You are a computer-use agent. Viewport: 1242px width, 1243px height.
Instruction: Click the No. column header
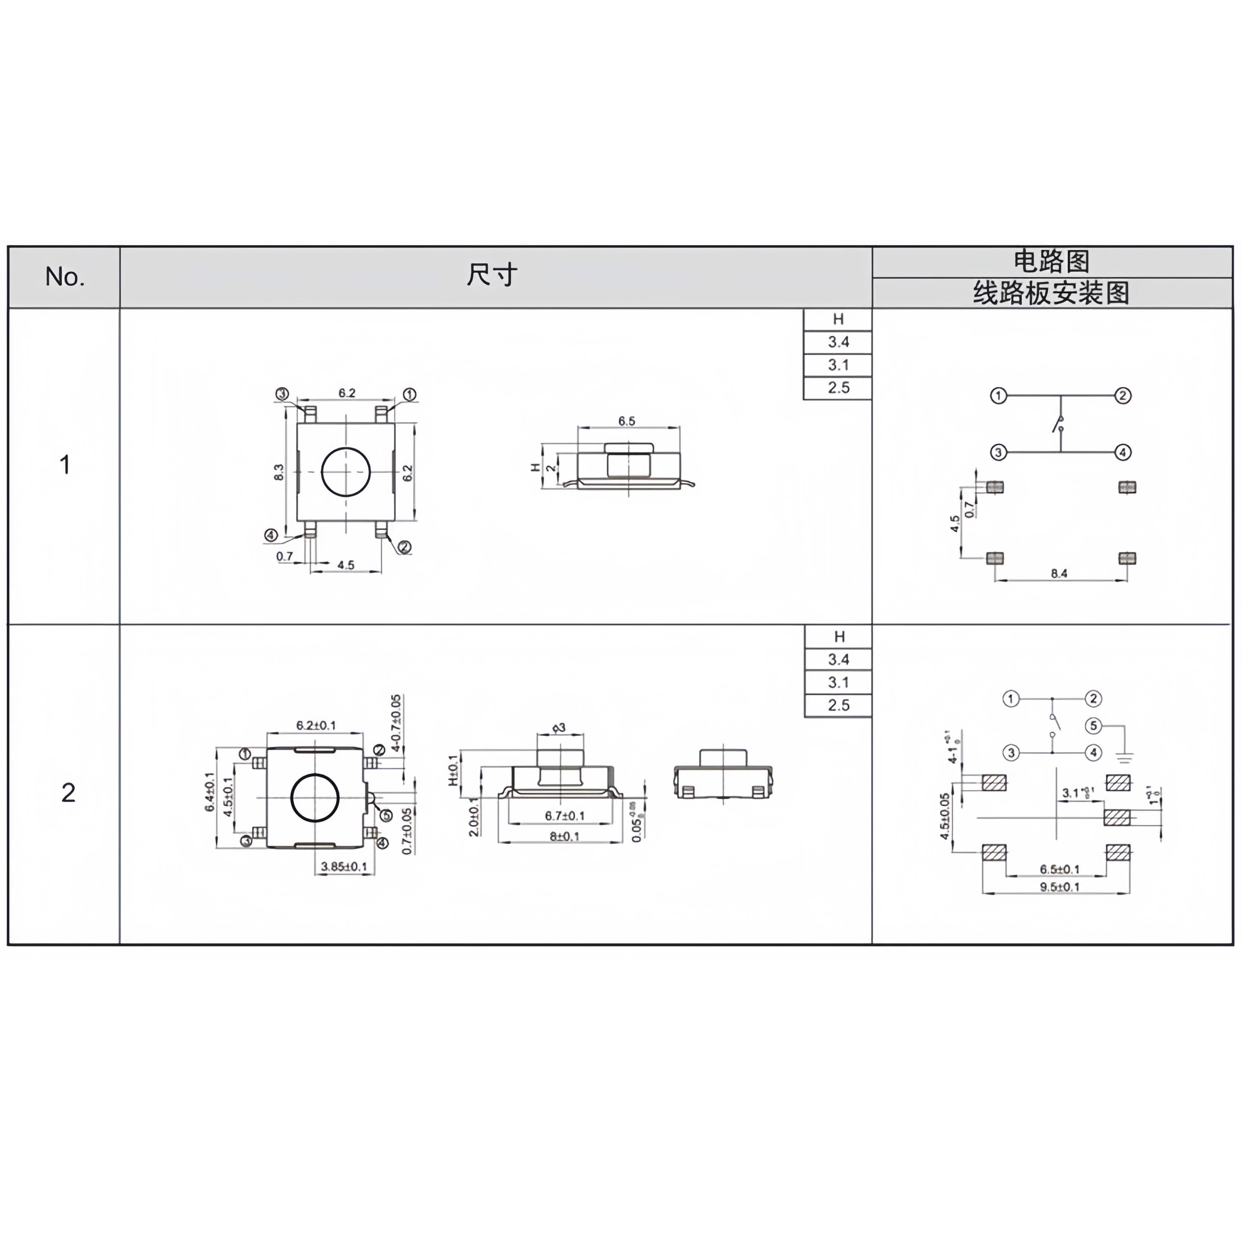pos(64,277)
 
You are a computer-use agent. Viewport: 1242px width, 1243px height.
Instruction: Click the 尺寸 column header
pos(492,275)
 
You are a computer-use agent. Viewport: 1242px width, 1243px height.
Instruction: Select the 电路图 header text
pos(1052,262)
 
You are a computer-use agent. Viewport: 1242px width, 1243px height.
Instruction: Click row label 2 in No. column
pos(68,793)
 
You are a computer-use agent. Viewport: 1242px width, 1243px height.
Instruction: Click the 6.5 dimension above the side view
pos(626,421)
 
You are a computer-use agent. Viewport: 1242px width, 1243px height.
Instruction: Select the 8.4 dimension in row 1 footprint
pos(1059,573)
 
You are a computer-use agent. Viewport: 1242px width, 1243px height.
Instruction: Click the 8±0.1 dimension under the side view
pos(564,836)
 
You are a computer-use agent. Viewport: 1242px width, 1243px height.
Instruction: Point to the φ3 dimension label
pos(559,728)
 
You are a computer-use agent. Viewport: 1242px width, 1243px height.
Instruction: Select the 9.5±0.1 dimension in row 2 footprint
pos(1059,887)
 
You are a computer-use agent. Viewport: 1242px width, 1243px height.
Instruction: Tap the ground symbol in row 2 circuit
pos(1124,757)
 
